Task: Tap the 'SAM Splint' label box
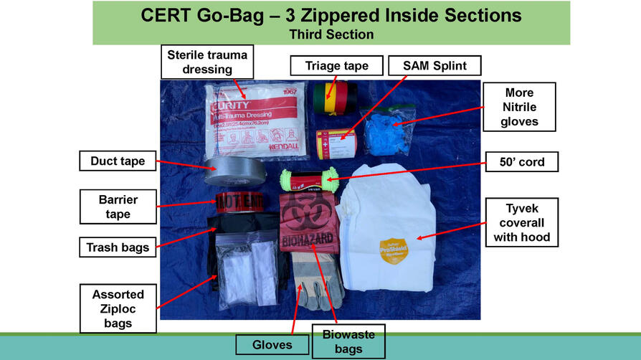pos(435,66)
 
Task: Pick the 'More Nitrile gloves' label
pos(519,108)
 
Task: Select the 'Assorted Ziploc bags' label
pos(118,309)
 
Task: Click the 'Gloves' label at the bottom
pos(271,345)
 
